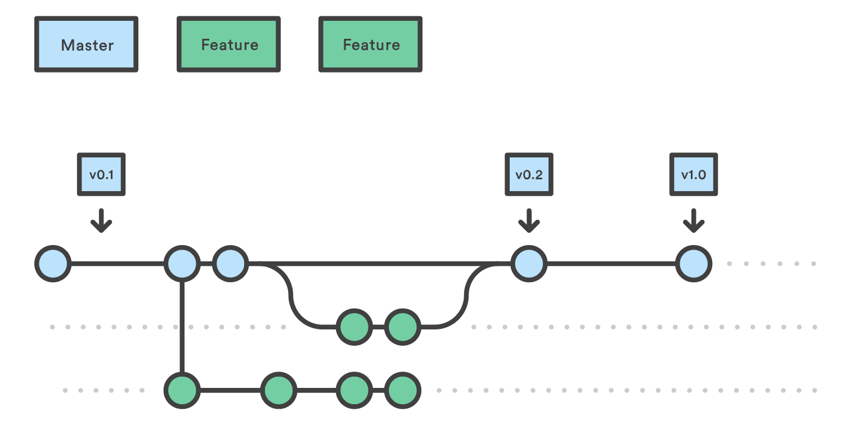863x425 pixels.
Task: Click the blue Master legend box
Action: pyautogui.click(x=86, y=45)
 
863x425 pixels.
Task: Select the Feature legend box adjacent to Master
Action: pyautogui.click(x=228, y=45)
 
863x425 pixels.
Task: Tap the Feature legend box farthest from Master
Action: pyautogui.click(x=370, y=45)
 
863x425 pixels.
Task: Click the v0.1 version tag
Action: pyautogui.click(x=101, y=174)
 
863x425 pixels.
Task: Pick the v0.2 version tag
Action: pyautogui.click(x=529, y=174)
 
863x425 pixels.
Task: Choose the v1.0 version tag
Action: pyautogui.click(x=693, y=174)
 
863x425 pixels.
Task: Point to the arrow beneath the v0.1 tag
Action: pyautogui.click(x=101, y=220)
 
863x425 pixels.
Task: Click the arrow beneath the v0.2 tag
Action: pyautogui.click(x=528, y=220)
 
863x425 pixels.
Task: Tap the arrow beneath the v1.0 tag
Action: pyautogui.click(x=693, y=220)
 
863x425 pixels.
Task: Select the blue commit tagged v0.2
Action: pyautogui.click(x=529, y=263)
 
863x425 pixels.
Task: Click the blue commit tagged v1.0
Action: pyautogui.click(x=694, y=263)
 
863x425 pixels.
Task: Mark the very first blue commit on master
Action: pyautogui.click(x=53, y=263)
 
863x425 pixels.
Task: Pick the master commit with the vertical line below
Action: pyautogui.click(x=182, y=263)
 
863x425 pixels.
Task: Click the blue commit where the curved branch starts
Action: pyautogui.click(x=230, y=263)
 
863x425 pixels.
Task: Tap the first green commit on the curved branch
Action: pyautogui.click(x=354, y=327)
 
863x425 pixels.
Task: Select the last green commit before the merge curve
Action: pyautogui.click(x=402, y=327)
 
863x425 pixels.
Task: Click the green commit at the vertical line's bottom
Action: pyautogui.click(x=182, y=390)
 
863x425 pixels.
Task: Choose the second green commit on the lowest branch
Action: pyautogui.click(x=278, y=390)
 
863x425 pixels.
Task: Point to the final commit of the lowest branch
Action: pyautogui.click(x=402, y=390)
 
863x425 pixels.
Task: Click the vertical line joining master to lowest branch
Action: pyautogui.click(x=182, y=326)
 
